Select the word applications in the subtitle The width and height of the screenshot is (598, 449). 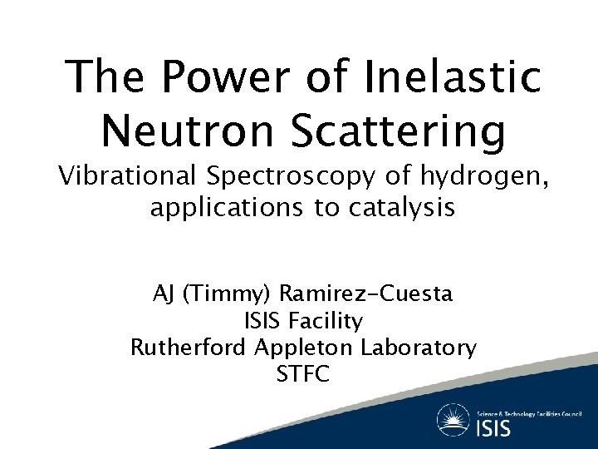[224, 208]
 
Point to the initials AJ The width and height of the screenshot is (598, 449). [164, 294]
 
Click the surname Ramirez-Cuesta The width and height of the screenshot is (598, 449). [366, 294]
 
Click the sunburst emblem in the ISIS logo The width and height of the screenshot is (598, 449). [454, 421]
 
